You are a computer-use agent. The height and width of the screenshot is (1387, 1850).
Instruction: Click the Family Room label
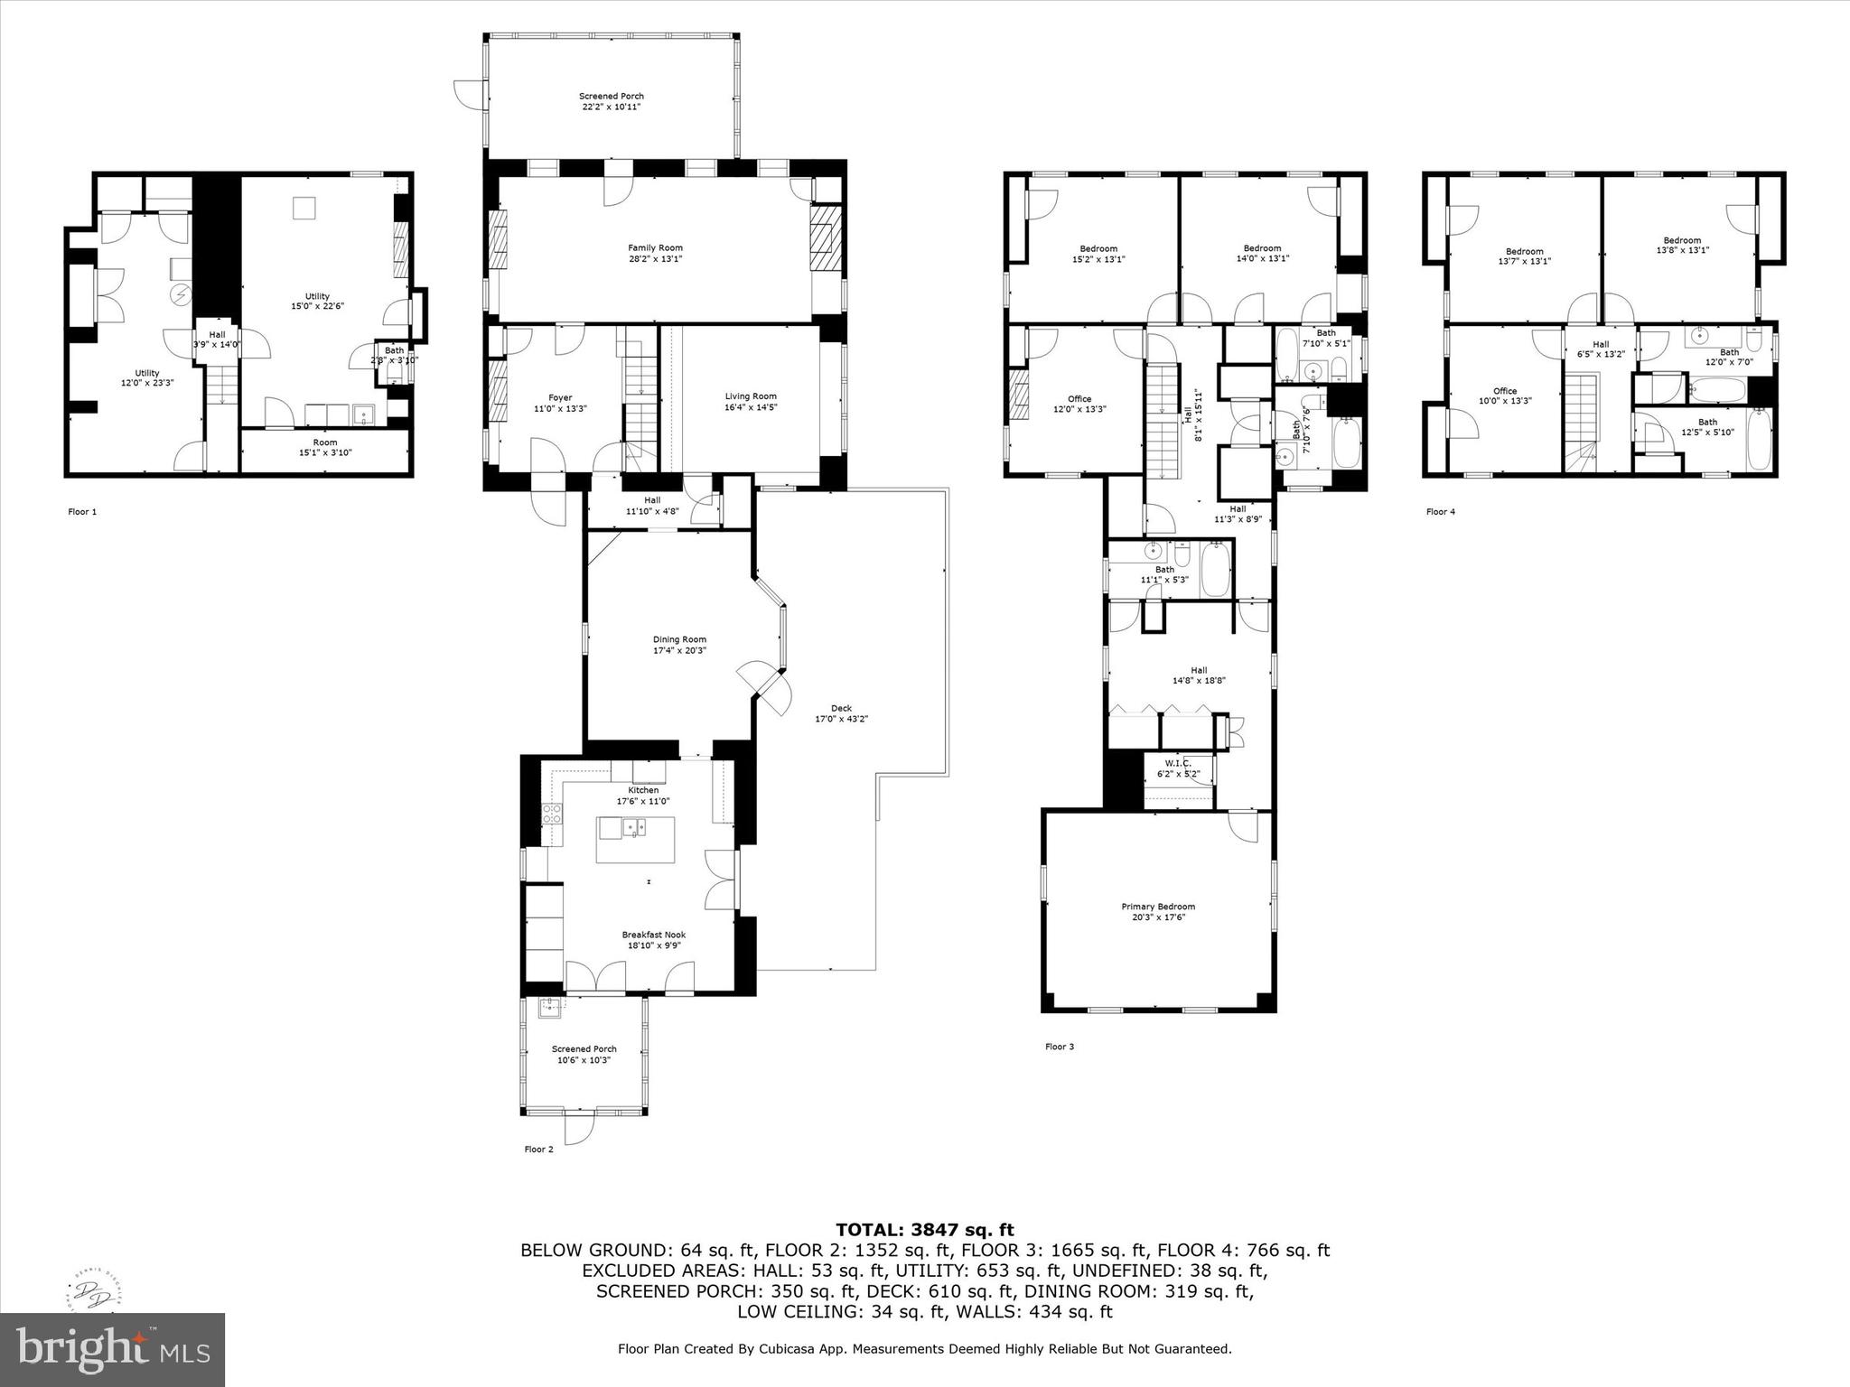[x=655, y=247]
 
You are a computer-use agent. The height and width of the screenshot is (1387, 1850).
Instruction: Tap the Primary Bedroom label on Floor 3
[x=1158, y=907]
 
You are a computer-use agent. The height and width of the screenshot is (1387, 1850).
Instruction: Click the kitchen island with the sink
[x=635, y=839]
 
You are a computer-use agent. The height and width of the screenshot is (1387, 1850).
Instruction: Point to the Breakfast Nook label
[x=653, y=935]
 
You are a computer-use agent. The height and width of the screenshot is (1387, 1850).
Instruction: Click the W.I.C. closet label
[x=1179, y=763]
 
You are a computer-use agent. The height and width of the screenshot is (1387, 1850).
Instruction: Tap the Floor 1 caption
[x=82, y=512]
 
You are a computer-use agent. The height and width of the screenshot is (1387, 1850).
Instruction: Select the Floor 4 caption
[x=1440, y=512]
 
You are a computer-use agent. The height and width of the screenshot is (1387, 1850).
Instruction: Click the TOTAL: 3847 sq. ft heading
[x=924, y=1229]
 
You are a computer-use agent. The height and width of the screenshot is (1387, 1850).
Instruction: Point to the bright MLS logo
[x=112, y=1349]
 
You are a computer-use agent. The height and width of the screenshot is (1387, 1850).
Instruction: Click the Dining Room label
[x=679, y=639]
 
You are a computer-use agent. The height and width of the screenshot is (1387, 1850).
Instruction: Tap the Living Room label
[x=751, y=396]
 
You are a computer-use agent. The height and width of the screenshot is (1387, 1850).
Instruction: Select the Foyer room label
[x=560, y=397]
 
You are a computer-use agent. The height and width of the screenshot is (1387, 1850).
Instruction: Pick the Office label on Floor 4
[x=1505, y=391]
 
